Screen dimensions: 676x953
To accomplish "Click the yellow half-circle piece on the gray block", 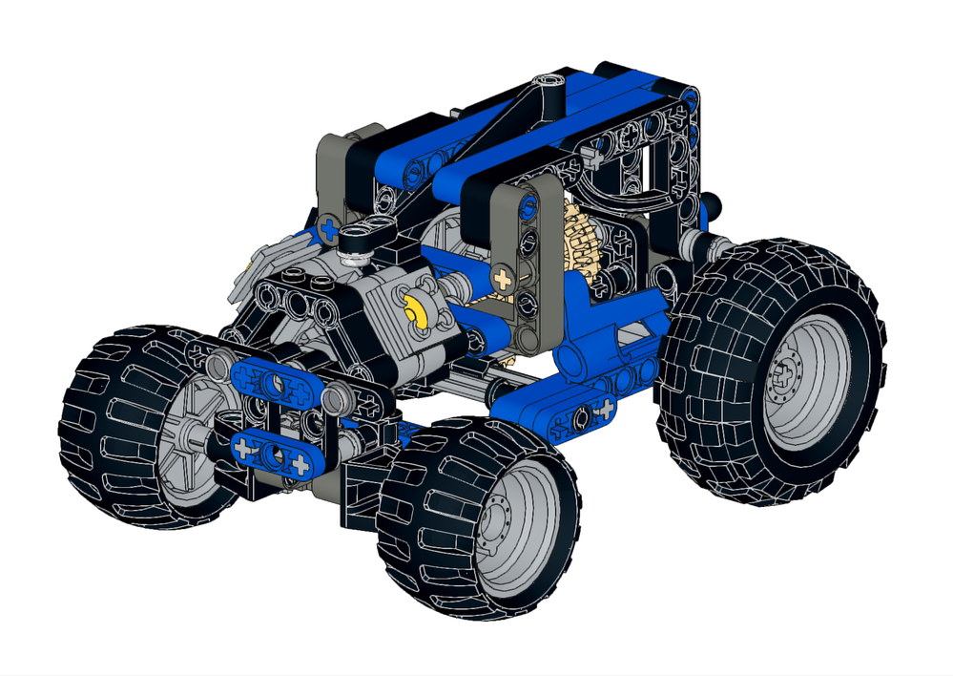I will tap(417, 312).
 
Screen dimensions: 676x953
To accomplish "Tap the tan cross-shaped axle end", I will tap(502, 279).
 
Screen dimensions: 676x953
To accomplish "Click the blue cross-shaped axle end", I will tap(330, 229).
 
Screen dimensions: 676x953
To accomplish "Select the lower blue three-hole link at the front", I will tap(273, 453).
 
